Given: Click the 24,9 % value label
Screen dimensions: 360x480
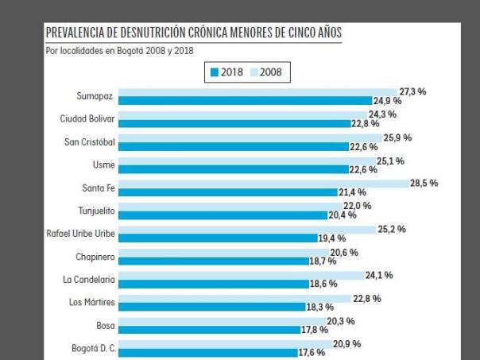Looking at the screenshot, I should (389, 101).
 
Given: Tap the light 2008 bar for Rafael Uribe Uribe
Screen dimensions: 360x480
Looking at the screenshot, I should (250, 230).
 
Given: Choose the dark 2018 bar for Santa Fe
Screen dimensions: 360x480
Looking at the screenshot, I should (229, 192).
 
